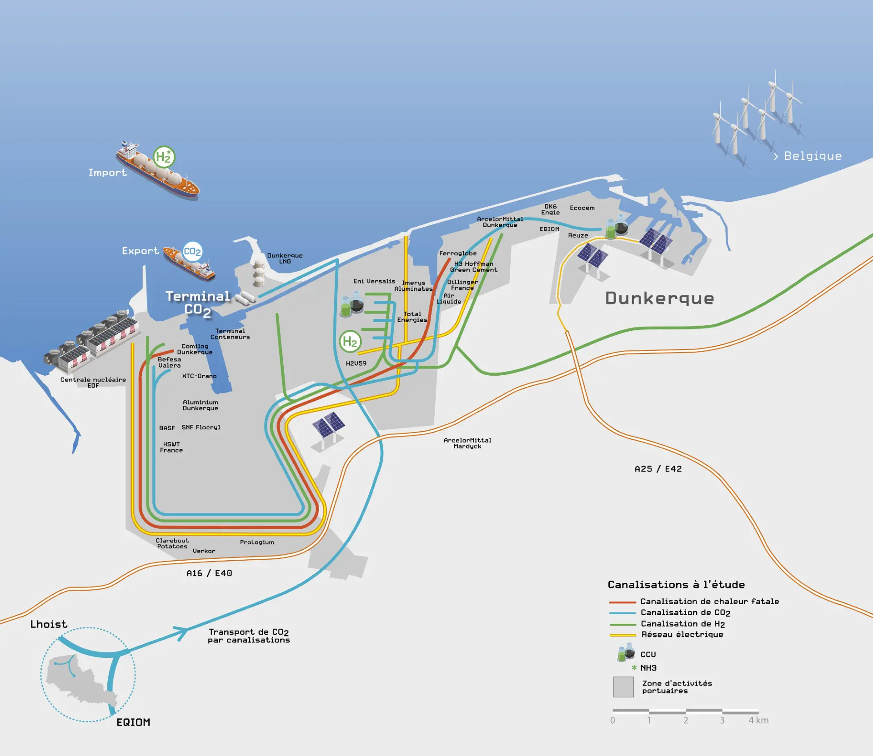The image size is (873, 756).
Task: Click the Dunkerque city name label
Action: (659, 298)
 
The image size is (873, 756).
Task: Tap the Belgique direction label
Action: (808, 156)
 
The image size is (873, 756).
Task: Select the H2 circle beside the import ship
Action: (163, 157)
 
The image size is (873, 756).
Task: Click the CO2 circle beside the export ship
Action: (192, 252)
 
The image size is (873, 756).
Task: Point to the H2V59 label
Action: (356, 363)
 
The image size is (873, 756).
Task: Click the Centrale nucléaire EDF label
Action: (93, 383)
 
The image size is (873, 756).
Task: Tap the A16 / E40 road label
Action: (209, 573)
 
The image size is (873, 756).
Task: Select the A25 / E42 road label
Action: (658, 469)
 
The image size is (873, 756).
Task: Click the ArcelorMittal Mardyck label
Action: (467, 443)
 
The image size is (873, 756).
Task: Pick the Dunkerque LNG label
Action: (285, 259)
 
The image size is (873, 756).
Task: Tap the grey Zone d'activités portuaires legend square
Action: (623, 687)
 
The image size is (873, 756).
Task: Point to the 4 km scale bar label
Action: (758, 721)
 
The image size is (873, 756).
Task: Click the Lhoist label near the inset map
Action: (49, 624)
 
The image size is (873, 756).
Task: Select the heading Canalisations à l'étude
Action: (676, 585)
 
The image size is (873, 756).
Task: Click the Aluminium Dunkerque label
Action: (201, 405)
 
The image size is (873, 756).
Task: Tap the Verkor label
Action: (204, 551)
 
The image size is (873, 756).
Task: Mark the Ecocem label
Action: (582, 208)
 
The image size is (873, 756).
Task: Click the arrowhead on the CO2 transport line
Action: (182, 632)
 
